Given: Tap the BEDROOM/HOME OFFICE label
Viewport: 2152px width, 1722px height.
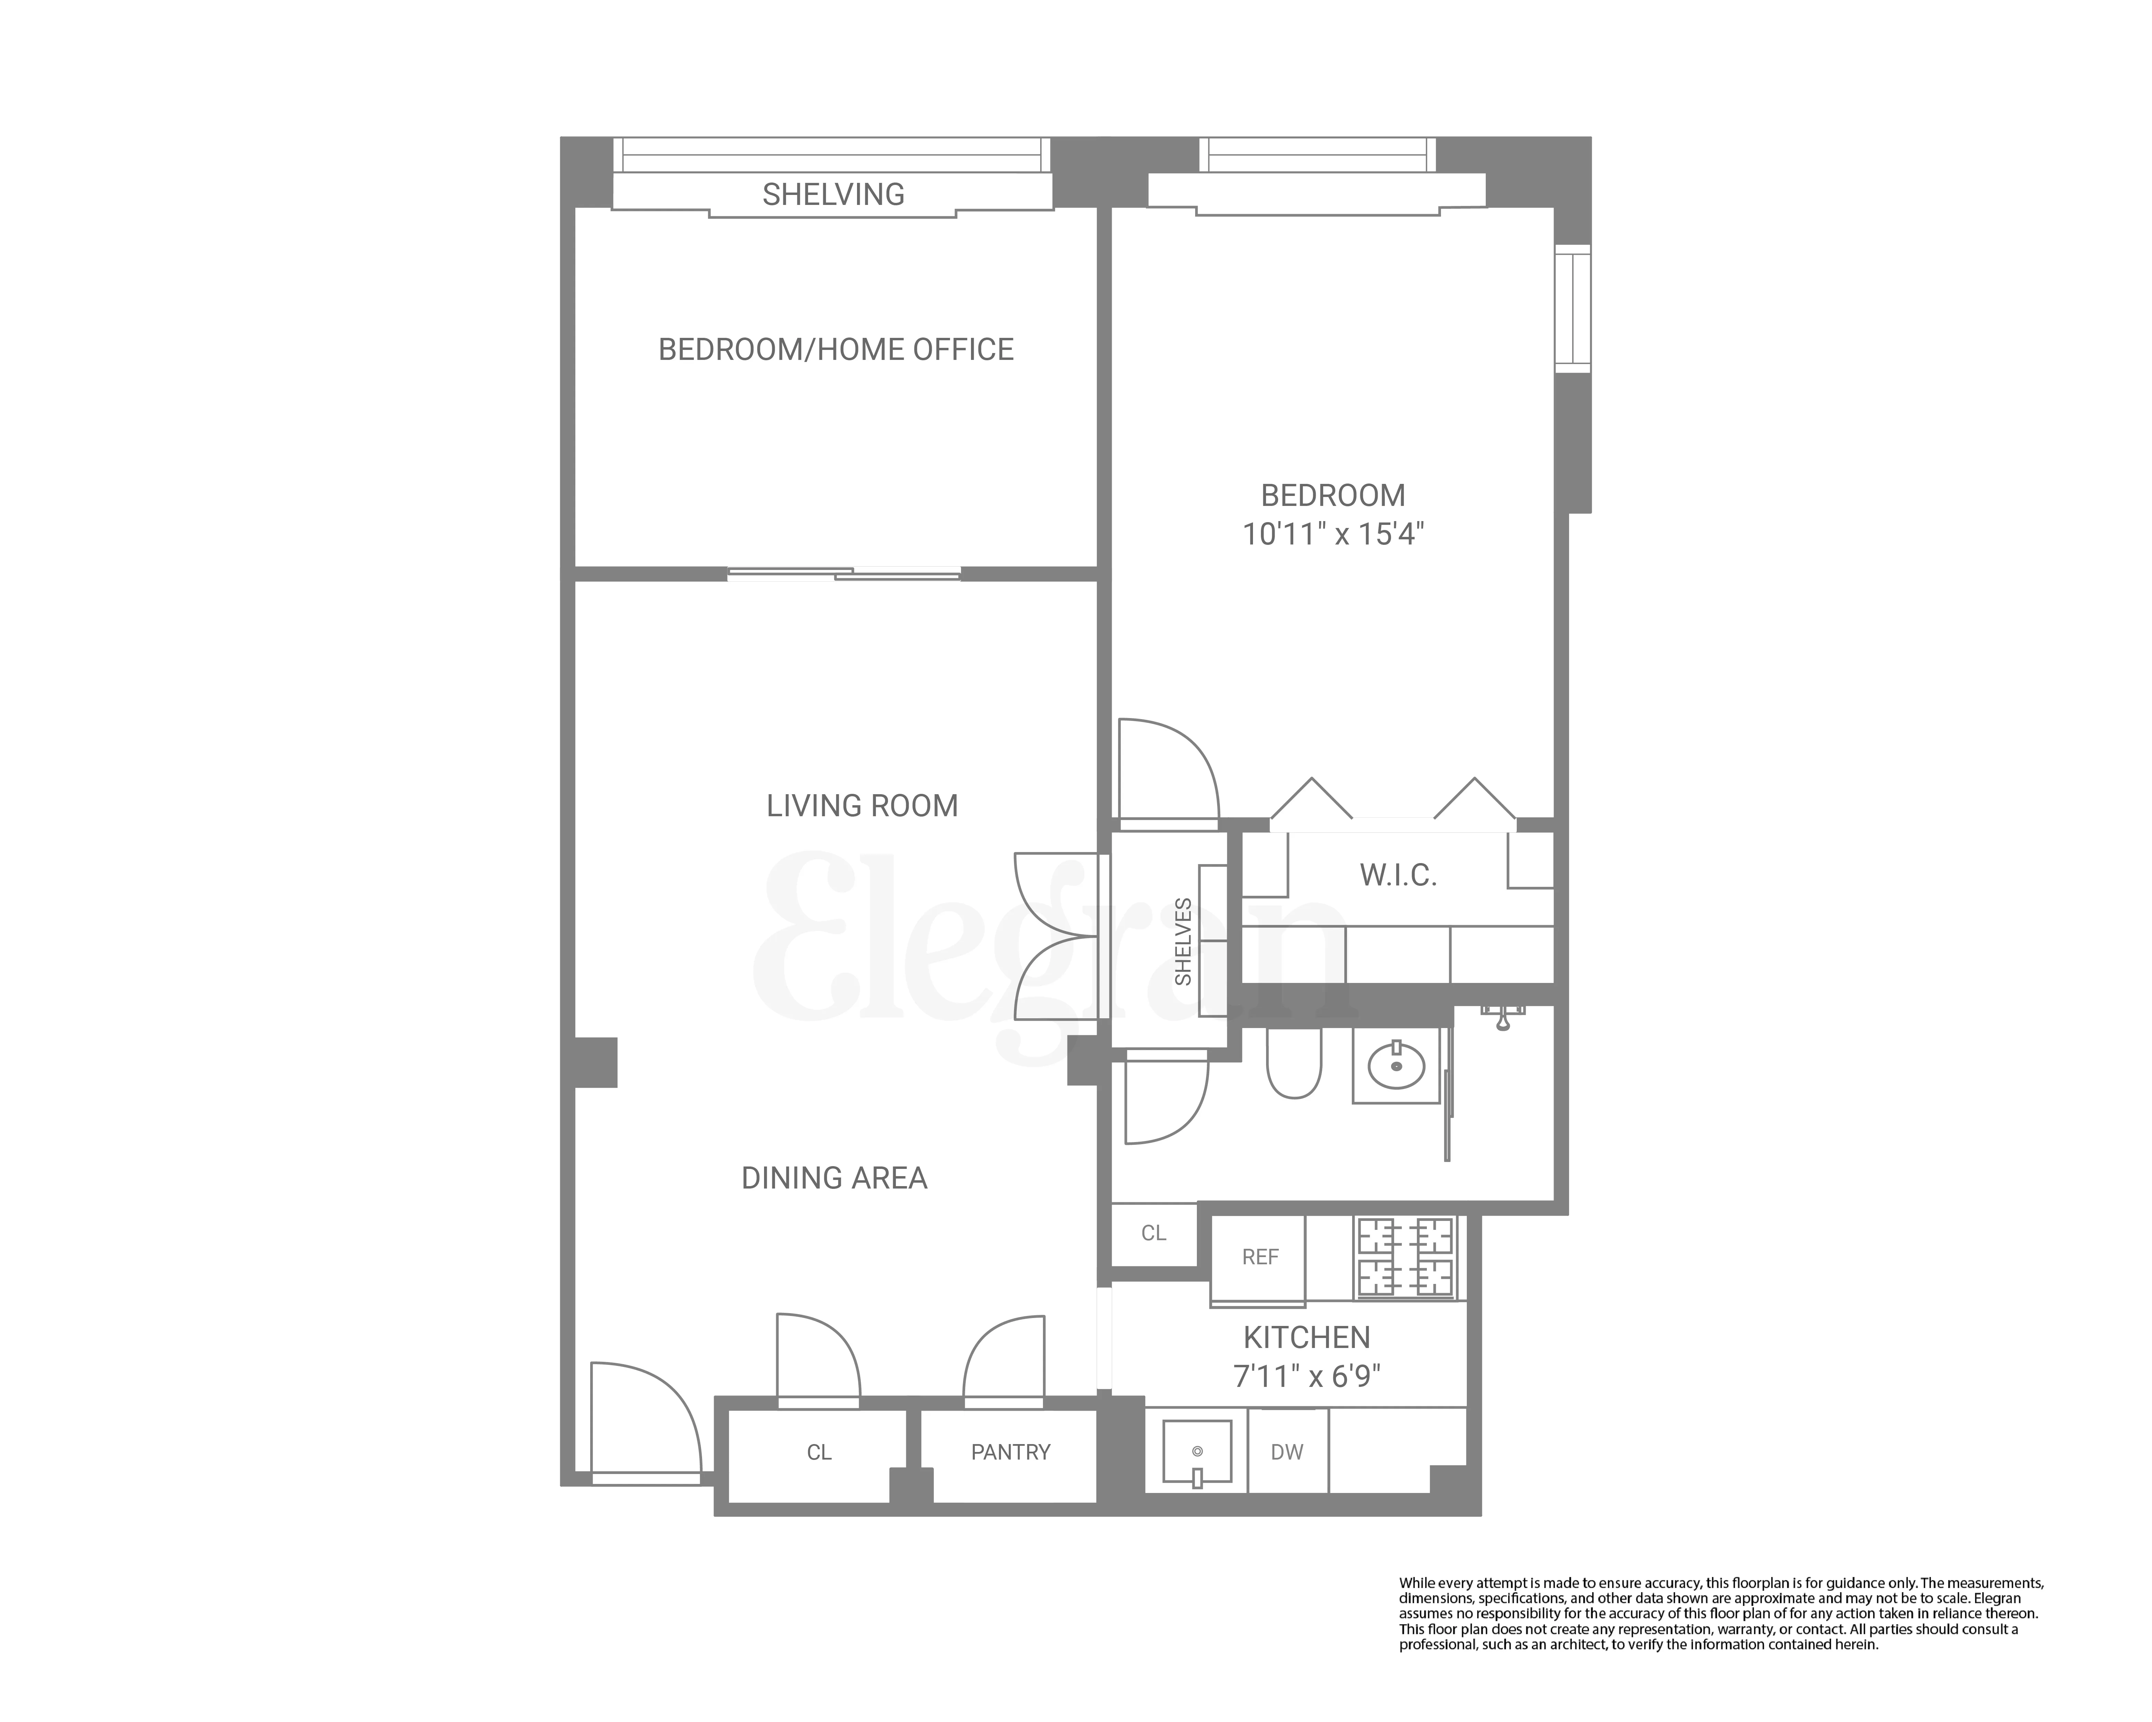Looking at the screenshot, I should point(835,349).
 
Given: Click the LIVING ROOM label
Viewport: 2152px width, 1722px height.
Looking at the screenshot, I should point(861,806).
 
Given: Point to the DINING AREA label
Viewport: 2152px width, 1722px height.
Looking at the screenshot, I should point(834,1178).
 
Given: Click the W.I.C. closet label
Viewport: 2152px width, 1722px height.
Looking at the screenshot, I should point(1397,875).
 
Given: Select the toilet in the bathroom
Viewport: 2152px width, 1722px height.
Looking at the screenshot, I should point(1294,1063).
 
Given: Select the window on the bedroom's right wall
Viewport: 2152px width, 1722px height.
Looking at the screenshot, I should point(1572,310).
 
